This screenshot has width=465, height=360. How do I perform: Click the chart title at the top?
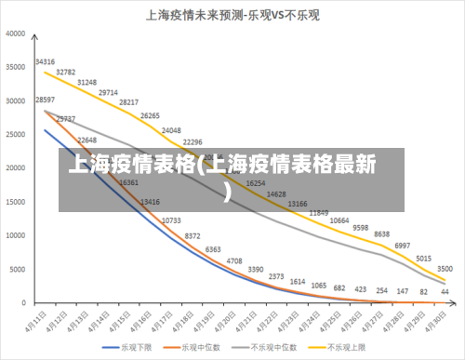click(x=232, y=16)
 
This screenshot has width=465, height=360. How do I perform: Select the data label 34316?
click(x=45, y=62)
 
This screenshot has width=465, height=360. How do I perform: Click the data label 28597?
click(x=45, y=100)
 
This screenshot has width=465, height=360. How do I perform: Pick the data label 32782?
click(x=66, y=72)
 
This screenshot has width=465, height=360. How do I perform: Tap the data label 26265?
click(x=150, y=116)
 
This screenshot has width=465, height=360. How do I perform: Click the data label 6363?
click(x=213, y=249)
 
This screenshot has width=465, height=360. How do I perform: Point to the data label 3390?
click(x=256, y=269)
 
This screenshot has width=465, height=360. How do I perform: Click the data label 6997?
click(x=403, y=246)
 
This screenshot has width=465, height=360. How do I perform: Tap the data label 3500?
click(x=445, y=269)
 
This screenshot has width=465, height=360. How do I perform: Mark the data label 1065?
click(x=319, y=285)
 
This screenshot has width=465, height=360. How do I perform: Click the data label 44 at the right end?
click(x=445, y=292)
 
